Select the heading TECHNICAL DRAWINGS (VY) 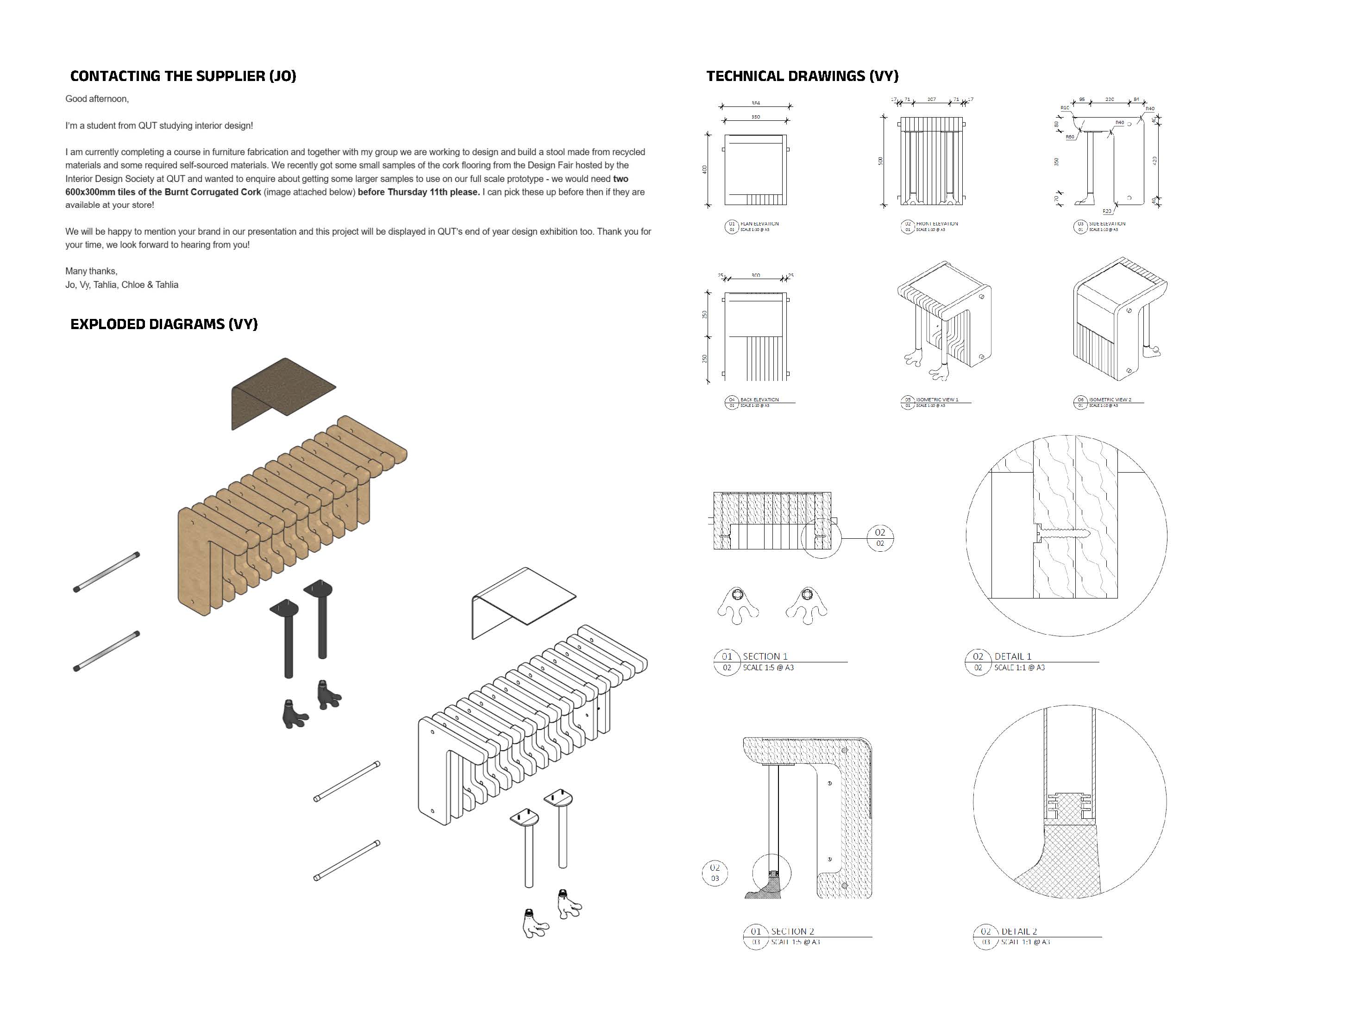click(802, 76)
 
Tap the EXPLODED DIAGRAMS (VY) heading click(163, 324)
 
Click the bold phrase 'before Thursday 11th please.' click(418, 192)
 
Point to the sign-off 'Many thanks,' click(91, 271)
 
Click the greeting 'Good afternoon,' click(97, 99)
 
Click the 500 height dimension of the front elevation click(881, 161)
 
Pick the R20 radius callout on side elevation click(1107, 211)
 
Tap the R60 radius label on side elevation click(1070, 137)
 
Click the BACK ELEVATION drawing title click(759, 400)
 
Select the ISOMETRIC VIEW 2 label click(1110, 400)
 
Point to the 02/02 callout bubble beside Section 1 click(880, 537)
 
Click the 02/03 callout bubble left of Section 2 click(715, 873)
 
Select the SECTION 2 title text click(792, 931)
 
